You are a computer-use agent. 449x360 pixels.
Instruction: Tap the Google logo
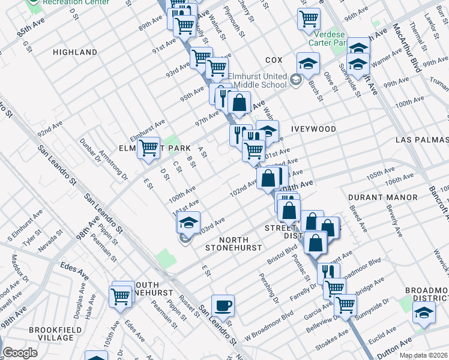(x=20, y=353)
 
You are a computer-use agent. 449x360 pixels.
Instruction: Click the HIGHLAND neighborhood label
(x=75, y=52)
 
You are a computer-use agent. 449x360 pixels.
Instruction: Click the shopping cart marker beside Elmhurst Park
(x=148, y=148)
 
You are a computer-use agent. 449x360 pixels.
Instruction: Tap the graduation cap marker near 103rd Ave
(x=188, y=223)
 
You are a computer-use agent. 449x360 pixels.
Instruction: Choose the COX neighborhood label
(x=273, y=61)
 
